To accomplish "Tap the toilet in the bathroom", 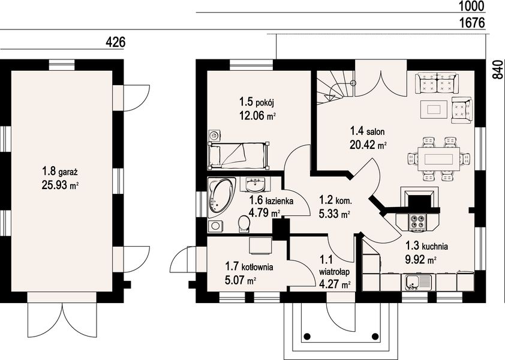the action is (x=245, y=224).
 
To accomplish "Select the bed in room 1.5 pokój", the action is (x=239, y=155).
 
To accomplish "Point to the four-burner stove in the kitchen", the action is (x=418, y=222).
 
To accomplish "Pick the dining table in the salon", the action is (x=439, y=159).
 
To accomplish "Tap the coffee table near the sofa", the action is (x=434, y=109).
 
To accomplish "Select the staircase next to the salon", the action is (x=335, y=87).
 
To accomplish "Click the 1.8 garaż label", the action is (x=59, y=171).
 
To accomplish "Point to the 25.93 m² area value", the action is (x=60, y=185).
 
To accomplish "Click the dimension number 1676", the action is (x=472, y=23).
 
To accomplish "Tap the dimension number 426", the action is (x=115, y=42).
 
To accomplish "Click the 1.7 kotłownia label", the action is (x=249, y=266).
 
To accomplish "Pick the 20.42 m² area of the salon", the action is (x=368, y=145).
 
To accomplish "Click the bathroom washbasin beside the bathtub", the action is (x=255, y=184).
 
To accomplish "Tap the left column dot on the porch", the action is (x=307, y=336).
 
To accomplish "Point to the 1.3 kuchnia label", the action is (x=427, y=246).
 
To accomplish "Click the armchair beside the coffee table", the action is (x=462, y=110).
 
